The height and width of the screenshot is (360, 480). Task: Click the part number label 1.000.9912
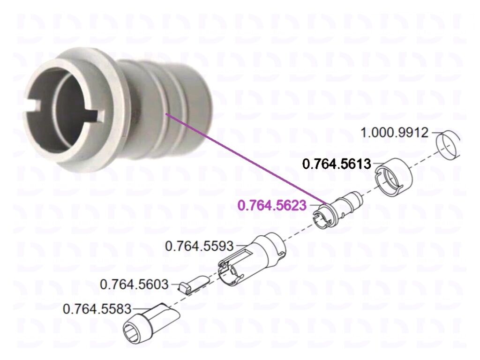395,133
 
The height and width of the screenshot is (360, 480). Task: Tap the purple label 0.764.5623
272,205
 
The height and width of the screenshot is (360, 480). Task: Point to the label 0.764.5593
199,246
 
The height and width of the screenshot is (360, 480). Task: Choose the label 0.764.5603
134,285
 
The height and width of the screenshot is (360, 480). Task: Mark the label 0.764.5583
97,308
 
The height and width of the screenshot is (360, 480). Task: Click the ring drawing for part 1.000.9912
448,145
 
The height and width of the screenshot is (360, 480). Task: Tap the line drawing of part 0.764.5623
337,210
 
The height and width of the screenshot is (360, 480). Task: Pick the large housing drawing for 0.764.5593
252,258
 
